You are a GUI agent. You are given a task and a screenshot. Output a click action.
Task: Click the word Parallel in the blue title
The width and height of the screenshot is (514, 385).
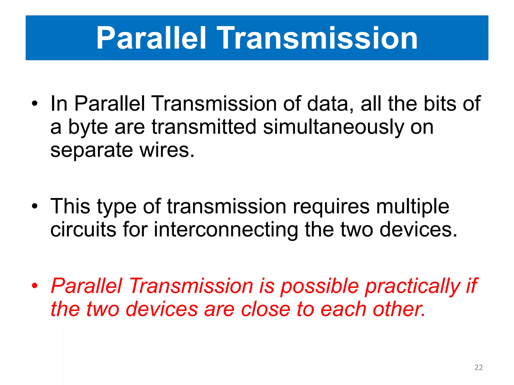tap(151, 38)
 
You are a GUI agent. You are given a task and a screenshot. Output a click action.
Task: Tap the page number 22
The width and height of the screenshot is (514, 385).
tap(479, 367)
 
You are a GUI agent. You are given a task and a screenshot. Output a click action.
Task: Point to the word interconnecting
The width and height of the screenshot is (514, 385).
tap(226, 230)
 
